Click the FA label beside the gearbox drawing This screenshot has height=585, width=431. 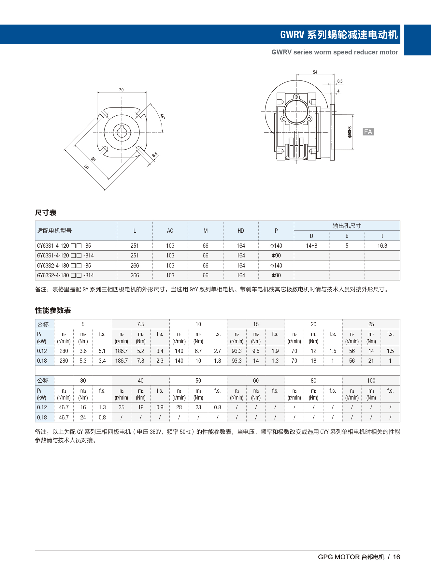368,132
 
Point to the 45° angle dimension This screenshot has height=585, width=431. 162,116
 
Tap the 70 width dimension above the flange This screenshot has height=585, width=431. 121,90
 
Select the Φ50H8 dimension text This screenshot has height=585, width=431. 350,132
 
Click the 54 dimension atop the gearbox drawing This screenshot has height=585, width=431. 315,72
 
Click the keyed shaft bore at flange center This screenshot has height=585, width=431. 122,132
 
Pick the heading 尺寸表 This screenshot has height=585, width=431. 46,213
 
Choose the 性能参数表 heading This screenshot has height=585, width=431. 53,311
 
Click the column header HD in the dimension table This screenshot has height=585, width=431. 241,231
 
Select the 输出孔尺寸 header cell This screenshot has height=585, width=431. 347,226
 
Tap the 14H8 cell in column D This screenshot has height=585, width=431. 311,246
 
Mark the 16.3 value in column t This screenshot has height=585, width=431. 382,246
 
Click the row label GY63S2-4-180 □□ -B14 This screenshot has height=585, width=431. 65,275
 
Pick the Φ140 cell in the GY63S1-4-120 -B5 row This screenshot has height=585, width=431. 276,246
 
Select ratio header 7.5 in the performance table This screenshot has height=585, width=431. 140,324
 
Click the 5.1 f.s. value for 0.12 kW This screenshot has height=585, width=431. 102,351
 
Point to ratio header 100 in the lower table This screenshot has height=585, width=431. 371,381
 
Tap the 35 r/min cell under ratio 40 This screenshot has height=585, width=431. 122,407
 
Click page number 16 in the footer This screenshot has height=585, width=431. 396,557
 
